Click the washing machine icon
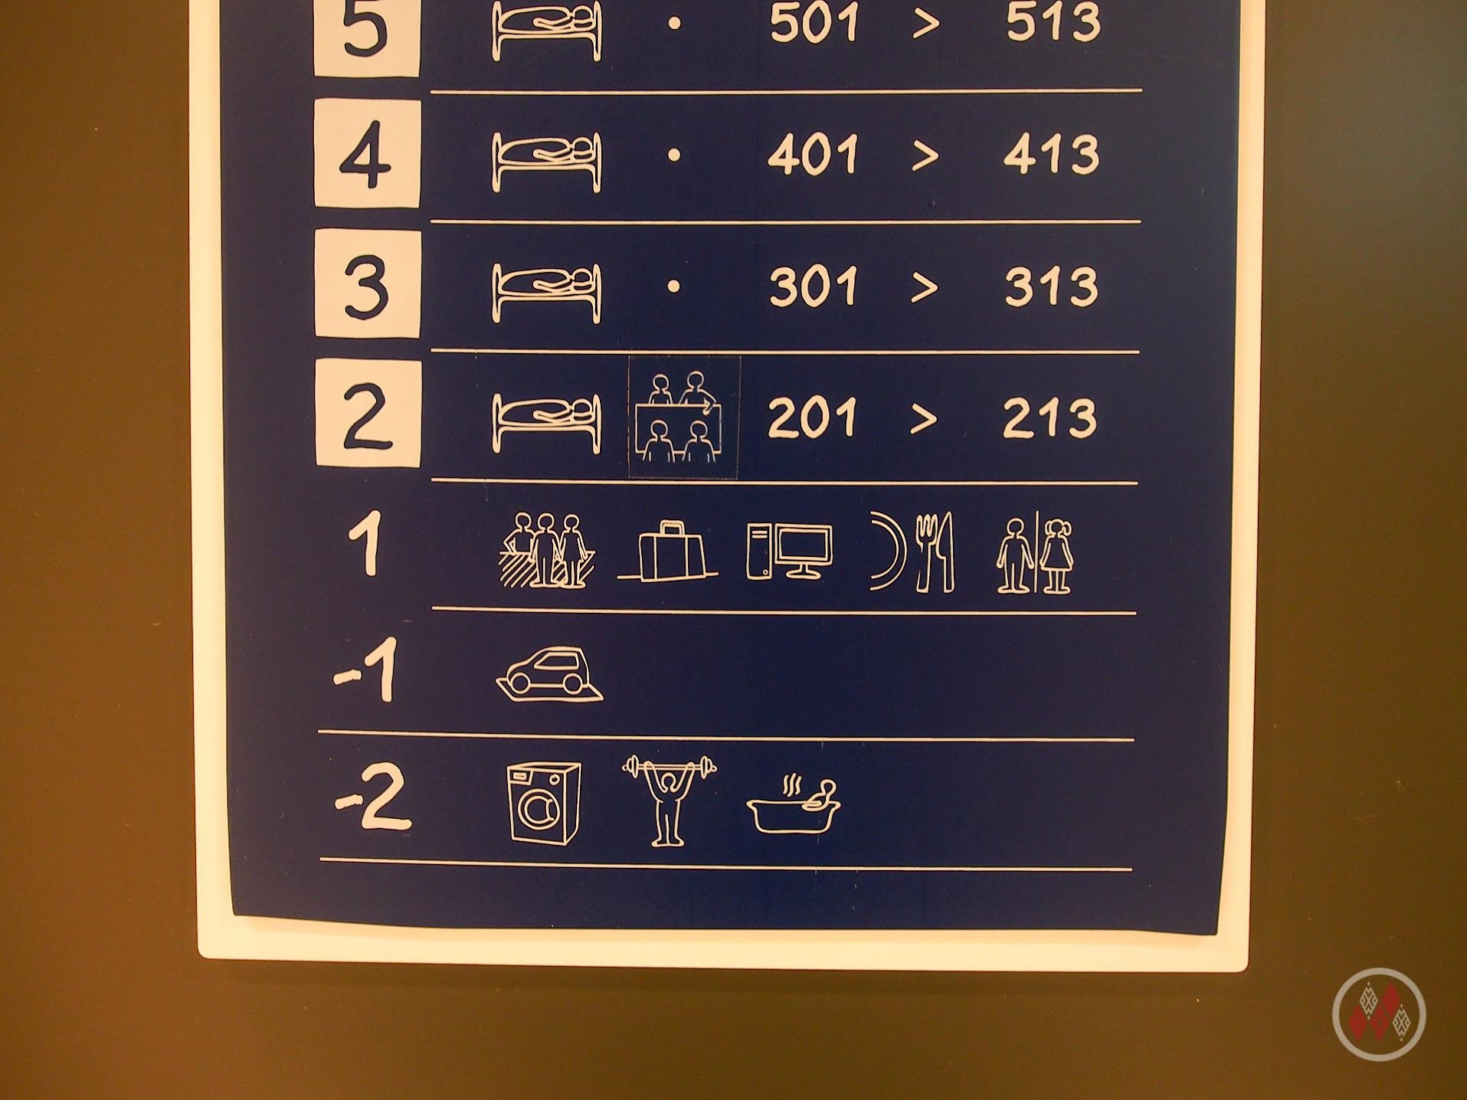(543, 804)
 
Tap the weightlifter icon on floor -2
(669, 800)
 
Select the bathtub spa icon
(794, 805)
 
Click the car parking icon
(549, 675)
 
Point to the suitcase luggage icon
(667, 552)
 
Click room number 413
(1051, 155)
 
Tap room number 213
(1049, 418)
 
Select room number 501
(814, 23)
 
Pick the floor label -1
(367, 672)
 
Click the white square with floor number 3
(368, 284)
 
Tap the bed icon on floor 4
(546, 162)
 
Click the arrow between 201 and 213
(925, 419)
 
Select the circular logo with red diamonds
(1379, 1014)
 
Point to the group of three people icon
(546, 550)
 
